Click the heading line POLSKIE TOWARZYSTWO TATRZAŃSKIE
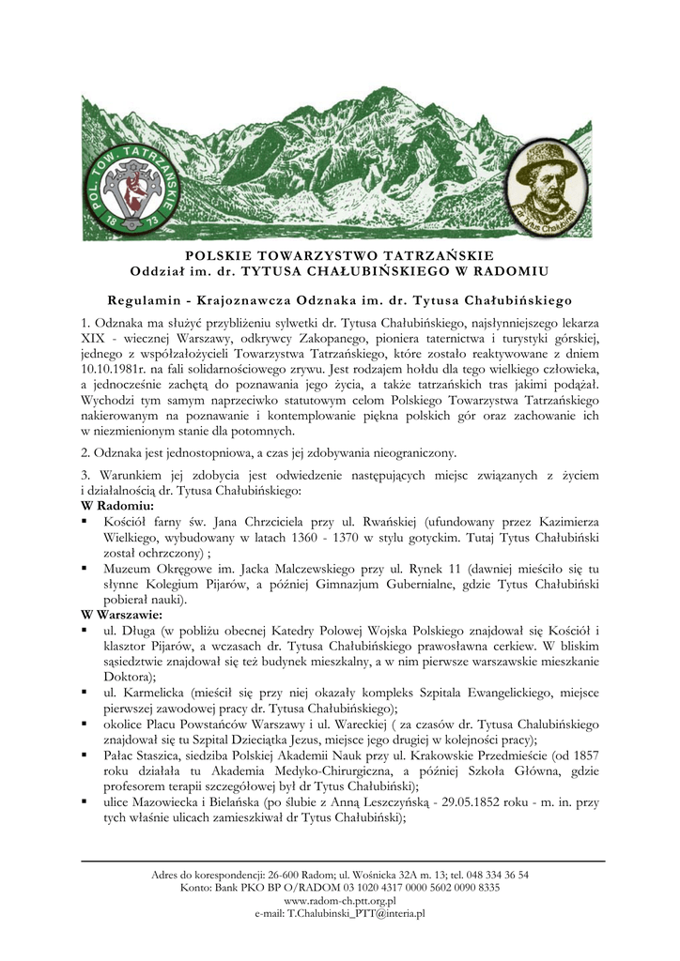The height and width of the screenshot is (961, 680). pyautogui.click(x=339, y=255)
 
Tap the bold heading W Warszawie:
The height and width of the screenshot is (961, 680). pyautogui.click(x=123, y=615)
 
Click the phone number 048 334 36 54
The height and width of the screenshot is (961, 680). pyautogui.click(x=485, y=875)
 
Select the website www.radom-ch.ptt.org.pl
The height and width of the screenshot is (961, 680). pyautogui.click(x=339, y=899)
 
